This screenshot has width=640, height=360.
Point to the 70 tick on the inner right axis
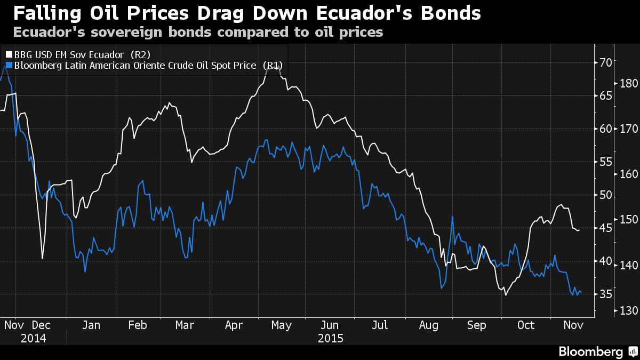605,62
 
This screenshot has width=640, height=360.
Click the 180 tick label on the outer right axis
628,84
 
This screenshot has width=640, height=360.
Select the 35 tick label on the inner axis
605,294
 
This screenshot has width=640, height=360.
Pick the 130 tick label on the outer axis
628,311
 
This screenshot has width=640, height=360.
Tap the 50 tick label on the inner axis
605,195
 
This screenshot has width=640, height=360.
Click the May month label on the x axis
281,325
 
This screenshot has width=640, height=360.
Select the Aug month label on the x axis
429,325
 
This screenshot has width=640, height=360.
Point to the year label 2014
34,338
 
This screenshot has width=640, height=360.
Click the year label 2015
331,338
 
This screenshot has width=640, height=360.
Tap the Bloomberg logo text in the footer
590,351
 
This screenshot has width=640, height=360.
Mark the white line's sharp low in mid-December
42,259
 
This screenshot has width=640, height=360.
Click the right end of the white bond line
580,230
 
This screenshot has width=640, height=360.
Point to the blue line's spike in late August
452,217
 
